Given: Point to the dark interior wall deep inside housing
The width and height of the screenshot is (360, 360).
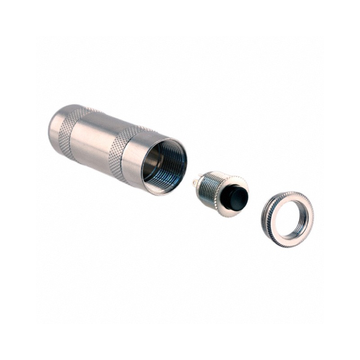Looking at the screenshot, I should point(155,162).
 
